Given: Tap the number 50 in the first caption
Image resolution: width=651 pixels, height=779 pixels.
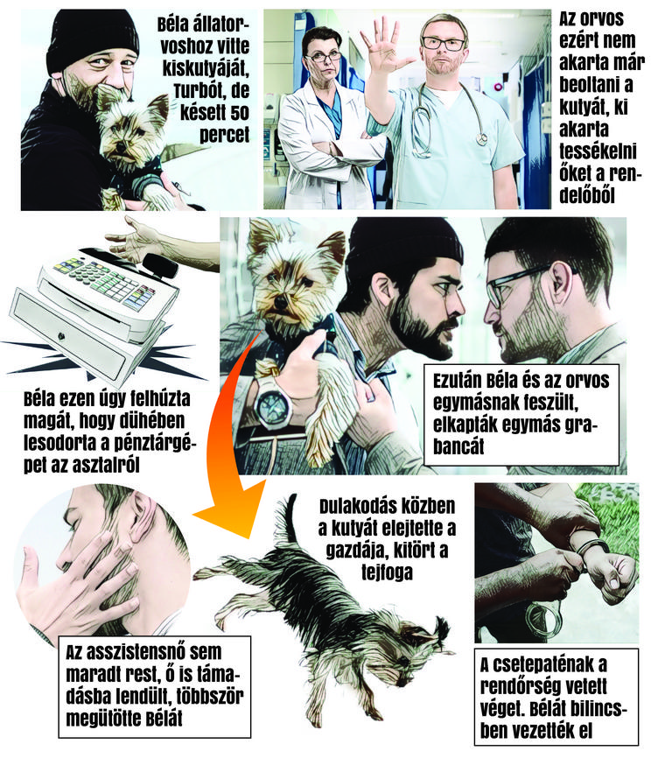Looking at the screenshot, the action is pyautogui.click(x=236, y=113).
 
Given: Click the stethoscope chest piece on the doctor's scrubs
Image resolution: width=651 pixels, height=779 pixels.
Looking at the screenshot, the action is pyautogui.click(x=481, y=137).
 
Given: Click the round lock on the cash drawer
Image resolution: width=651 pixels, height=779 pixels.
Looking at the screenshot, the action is pyautogui.click(x=61, y=336).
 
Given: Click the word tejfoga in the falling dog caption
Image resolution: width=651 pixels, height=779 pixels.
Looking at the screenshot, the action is pyautogui.click(x=388, y=572).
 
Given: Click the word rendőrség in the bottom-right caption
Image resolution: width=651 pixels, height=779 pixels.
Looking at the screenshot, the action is pyautogui.click(x=531, y=687).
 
